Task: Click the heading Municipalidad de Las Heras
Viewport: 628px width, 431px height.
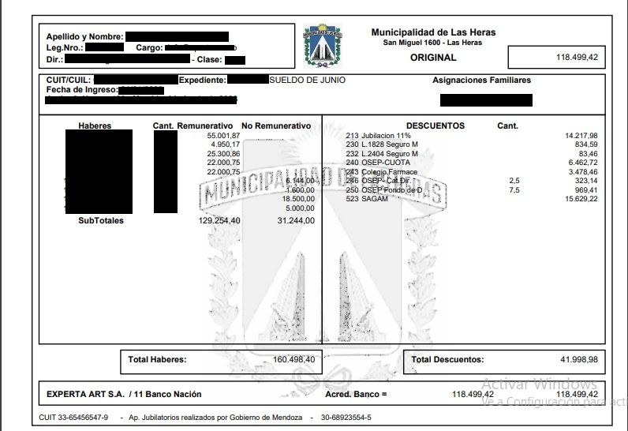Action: pos(433,32)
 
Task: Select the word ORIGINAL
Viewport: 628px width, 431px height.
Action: pos(433,58)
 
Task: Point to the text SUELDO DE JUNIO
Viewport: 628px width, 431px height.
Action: pos(307,81)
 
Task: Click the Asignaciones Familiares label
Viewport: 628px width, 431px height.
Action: pos(481,81)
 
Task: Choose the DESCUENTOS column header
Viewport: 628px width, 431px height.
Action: pos(435,126)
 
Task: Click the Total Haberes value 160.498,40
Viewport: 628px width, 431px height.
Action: pos(288,360)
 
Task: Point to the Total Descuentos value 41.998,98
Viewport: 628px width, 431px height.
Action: pos(579,360)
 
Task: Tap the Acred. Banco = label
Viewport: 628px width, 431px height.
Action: pos(357,394)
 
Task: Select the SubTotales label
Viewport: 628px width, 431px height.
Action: pos(100,221)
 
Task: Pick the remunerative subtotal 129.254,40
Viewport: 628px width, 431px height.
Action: pos(219,221)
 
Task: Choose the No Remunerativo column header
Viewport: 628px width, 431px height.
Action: pos(276,126)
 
